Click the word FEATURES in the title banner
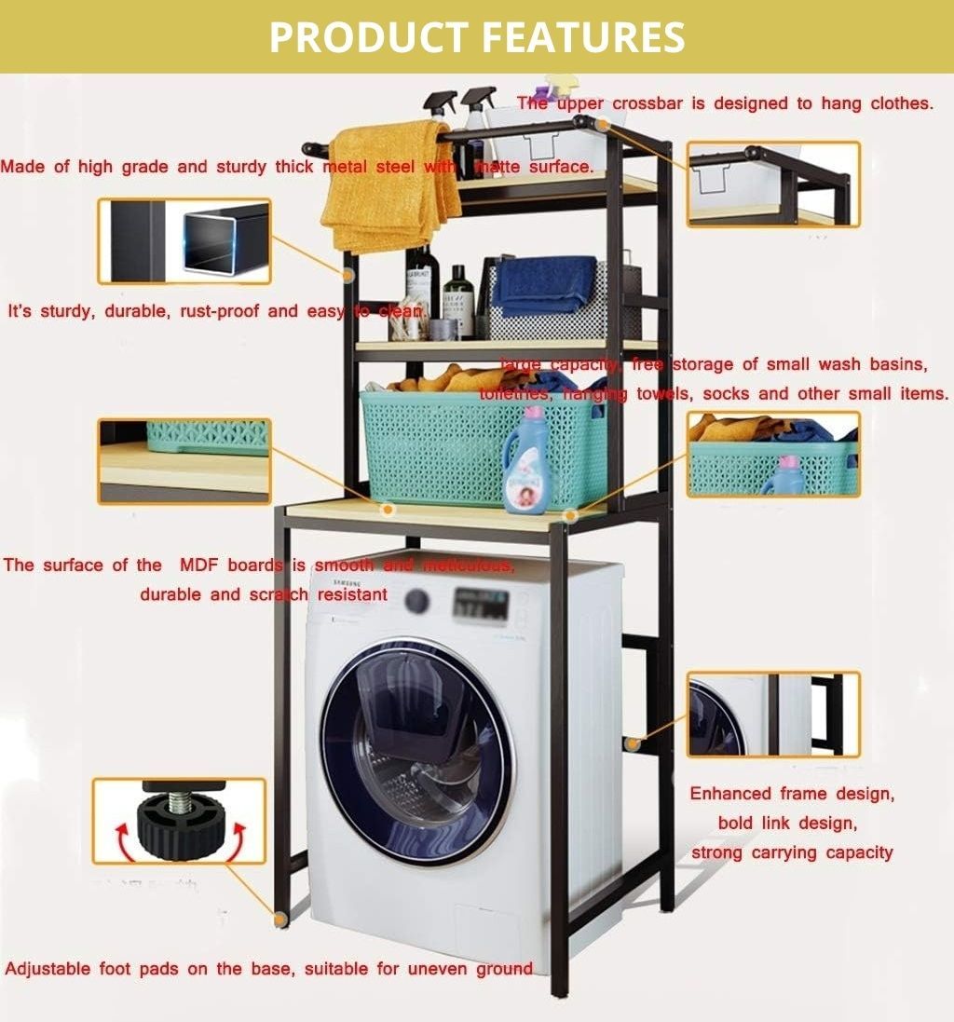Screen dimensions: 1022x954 point(583,37)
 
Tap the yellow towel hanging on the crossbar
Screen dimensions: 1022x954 point(387,186)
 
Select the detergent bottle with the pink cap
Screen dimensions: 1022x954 point(526,461)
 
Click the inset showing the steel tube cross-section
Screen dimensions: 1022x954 point(184,241)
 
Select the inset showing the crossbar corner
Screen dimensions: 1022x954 point(773,184)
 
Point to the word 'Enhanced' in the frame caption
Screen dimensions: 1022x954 point(730,795)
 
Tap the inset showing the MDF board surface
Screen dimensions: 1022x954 point(184,461)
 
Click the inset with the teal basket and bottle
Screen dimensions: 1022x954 point(773,455)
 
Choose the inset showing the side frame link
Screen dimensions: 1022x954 point(773,714)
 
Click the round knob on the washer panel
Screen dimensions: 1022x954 point(417,601)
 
